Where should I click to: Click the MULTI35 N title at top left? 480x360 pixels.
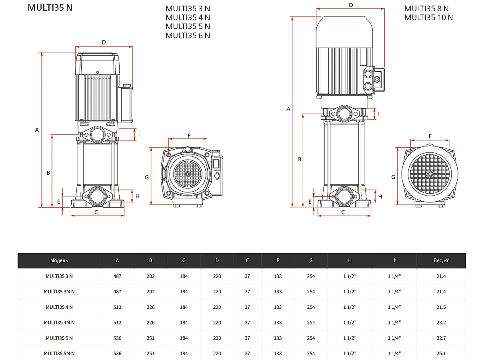[50, 8]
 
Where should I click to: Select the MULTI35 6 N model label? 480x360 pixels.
[188, 36]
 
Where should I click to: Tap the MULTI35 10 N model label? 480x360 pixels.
[428, 17]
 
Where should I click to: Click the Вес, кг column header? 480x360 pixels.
[441, 260]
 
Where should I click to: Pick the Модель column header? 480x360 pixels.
[59, 260]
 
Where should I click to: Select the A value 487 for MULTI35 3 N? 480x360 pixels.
[117, 276]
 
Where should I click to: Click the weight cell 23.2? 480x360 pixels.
[441, 322]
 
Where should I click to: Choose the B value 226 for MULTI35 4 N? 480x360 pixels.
[150, 307]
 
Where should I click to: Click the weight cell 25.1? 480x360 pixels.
[441, 353]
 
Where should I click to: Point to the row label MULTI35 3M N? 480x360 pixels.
[59, 292]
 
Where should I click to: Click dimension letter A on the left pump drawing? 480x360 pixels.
[37, 130]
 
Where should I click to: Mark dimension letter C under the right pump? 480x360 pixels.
[343, 212]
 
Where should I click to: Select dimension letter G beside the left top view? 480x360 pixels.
[147, 177]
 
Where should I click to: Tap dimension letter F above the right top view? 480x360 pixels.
[430, 136]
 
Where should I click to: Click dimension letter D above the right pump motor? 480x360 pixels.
[351, 5]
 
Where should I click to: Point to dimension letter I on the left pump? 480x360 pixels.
[139, 134]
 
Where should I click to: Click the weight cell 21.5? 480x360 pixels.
[441, 307]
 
